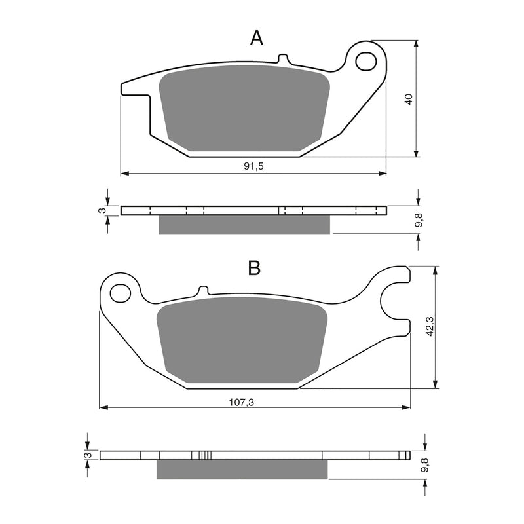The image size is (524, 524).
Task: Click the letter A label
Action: click(x=257, y=38)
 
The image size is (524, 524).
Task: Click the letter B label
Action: click(x=254, y=267)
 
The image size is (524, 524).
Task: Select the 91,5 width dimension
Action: click(x=253, y=167)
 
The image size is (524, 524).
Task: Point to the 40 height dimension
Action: click(x=409, y=100)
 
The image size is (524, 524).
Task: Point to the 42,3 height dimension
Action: click(x=428, y=326)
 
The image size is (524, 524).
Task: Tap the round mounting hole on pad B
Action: click(x=119, y=293)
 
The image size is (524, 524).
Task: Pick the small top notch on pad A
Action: click(x=283, y=59)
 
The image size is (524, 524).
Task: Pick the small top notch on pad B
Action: click(x=203, y=290)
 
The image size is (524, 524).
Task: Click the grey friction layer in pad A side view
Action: click(x=244, y=225)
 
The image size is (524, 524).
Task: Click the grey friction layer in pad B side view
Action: click(x=241, y=468)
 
